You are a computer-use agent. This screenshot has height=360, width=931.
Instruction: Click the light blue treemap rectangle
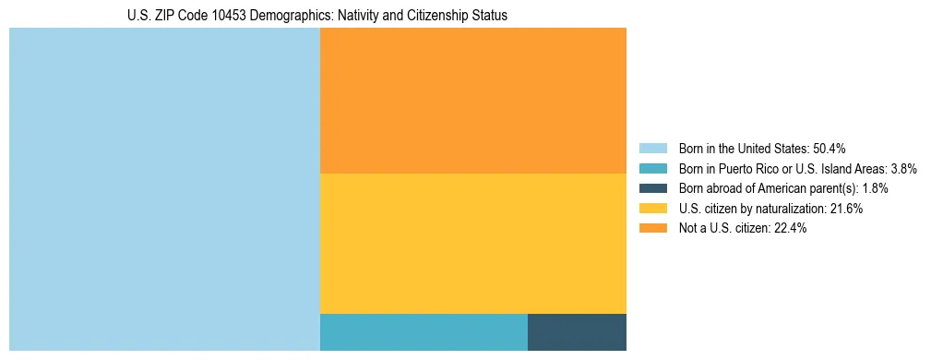tap(164, 189)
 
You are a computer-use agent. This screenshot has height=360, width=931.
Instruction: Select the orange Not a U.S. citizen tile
tap(472, 101)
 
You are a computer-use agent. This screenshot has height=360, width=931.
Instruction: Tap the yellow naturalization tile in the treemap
tap(472, 244)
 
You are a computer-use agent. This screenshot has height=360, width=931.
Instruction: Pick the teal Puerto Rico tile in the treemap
tap(424, 332)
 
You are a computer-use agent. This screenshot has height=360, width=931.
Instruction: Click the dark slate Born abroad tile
tap(577, 332)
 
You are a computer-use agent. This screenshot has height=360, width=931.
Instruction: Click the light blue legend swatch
tap(652, 148)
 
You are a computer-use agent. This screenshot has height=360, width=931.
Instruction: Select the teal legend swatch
tap(652, 168)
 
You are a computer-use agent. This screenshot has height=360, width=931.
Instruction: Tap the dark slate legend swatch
tap(652, 188)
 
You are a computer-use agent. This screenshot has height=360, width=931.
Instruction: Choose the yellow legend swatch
tap(652, 209)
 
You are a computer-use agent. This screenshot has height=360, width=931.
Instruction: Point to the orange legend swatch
tap(652, 229)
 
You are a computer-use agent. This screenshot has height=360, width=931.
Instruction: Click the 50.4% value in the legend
tap(830, 148)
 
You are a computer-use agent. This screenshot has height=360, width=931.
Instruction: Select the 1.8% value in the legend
tap(875, 188)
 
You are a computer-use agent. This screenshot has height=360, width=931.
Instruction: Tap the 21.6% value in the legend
tap(846, 209)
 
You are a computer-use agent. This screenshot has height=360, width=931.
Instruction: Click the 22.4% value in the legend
tap(791, 229)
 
